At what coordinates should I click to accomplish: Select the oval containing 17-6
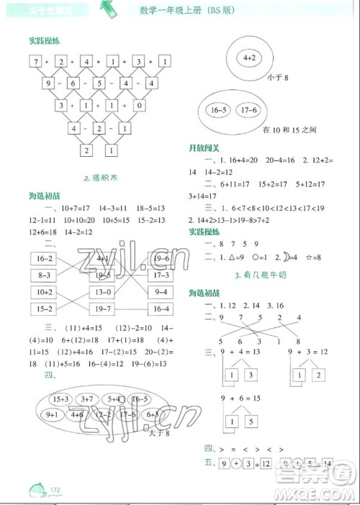click(246, 110)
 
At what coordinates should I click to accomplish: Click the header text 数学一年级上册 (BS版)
click(182, 9)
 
